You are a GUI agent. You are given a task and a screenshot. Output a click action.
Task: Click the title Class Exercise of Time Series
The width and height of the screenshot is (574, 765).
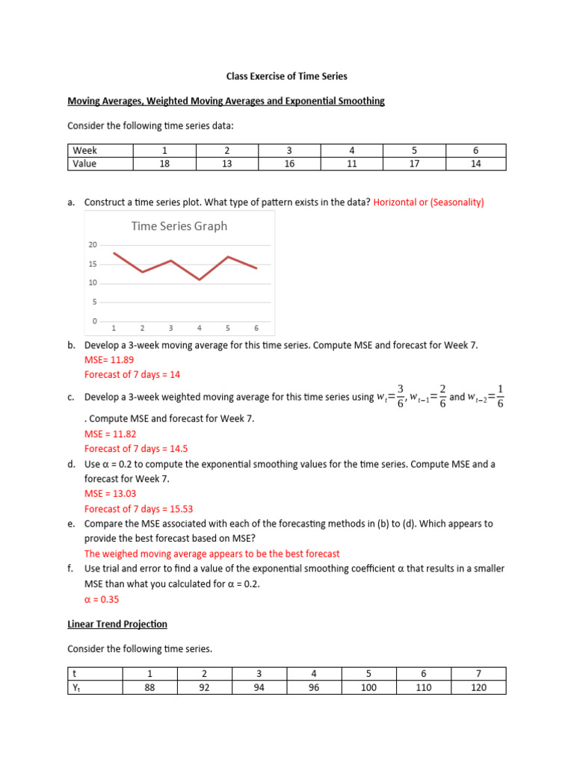[287, 76]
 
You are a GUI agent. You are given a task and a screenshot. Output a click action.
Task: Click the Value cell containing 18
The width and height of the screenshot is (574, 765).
[163, 164]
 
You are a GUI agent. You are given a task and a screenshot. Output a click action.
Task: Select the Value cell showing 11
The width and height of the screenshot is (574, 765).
[351, 164]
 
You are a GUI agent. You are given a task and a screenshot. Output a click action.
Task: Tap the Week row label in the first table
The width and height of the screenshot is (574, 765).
[85, 151]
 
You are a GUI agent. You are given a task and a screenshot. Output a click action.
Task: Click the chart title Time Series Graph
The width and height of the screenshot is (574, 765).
[179, 226]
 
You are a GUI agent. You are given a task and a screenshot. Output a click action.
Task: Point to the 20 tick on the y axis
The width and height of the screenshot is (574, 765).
[93, 245]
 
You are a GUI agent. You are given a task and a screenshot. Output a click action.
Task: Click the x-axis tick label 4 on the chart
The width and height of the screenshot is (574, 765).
[200, 328]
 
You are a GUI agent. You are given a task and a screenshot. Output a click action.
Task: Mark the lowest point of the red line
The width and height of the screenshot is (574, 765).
[200, 279]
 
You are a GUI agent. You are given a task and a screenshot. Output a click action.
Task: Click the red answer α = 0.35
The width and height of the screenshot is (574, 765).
[102, 599]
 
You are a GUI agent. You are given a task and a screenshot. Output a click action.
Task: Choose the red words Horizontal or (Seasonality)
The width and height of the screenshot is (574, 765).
[429, 202]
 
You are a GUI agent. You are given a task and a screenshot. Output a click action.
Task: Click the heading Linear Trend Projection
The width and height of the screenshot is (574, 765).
[117, 624]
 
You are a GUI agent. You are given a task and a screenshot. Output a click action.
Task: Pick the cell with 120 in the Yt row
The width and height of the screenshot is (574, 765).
[478, 687]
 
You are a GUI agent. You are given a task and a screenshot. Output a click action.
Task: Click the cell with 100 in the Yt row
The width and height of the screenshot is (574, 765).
[368, 687]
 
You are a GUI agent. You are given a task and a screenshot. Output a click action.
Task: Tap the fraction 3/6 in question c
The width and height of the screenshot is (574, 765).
[401, 397]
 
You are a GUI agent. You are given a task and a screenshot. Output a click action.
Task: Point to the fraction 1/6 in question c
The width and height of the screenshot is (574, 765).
[501, 397]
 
